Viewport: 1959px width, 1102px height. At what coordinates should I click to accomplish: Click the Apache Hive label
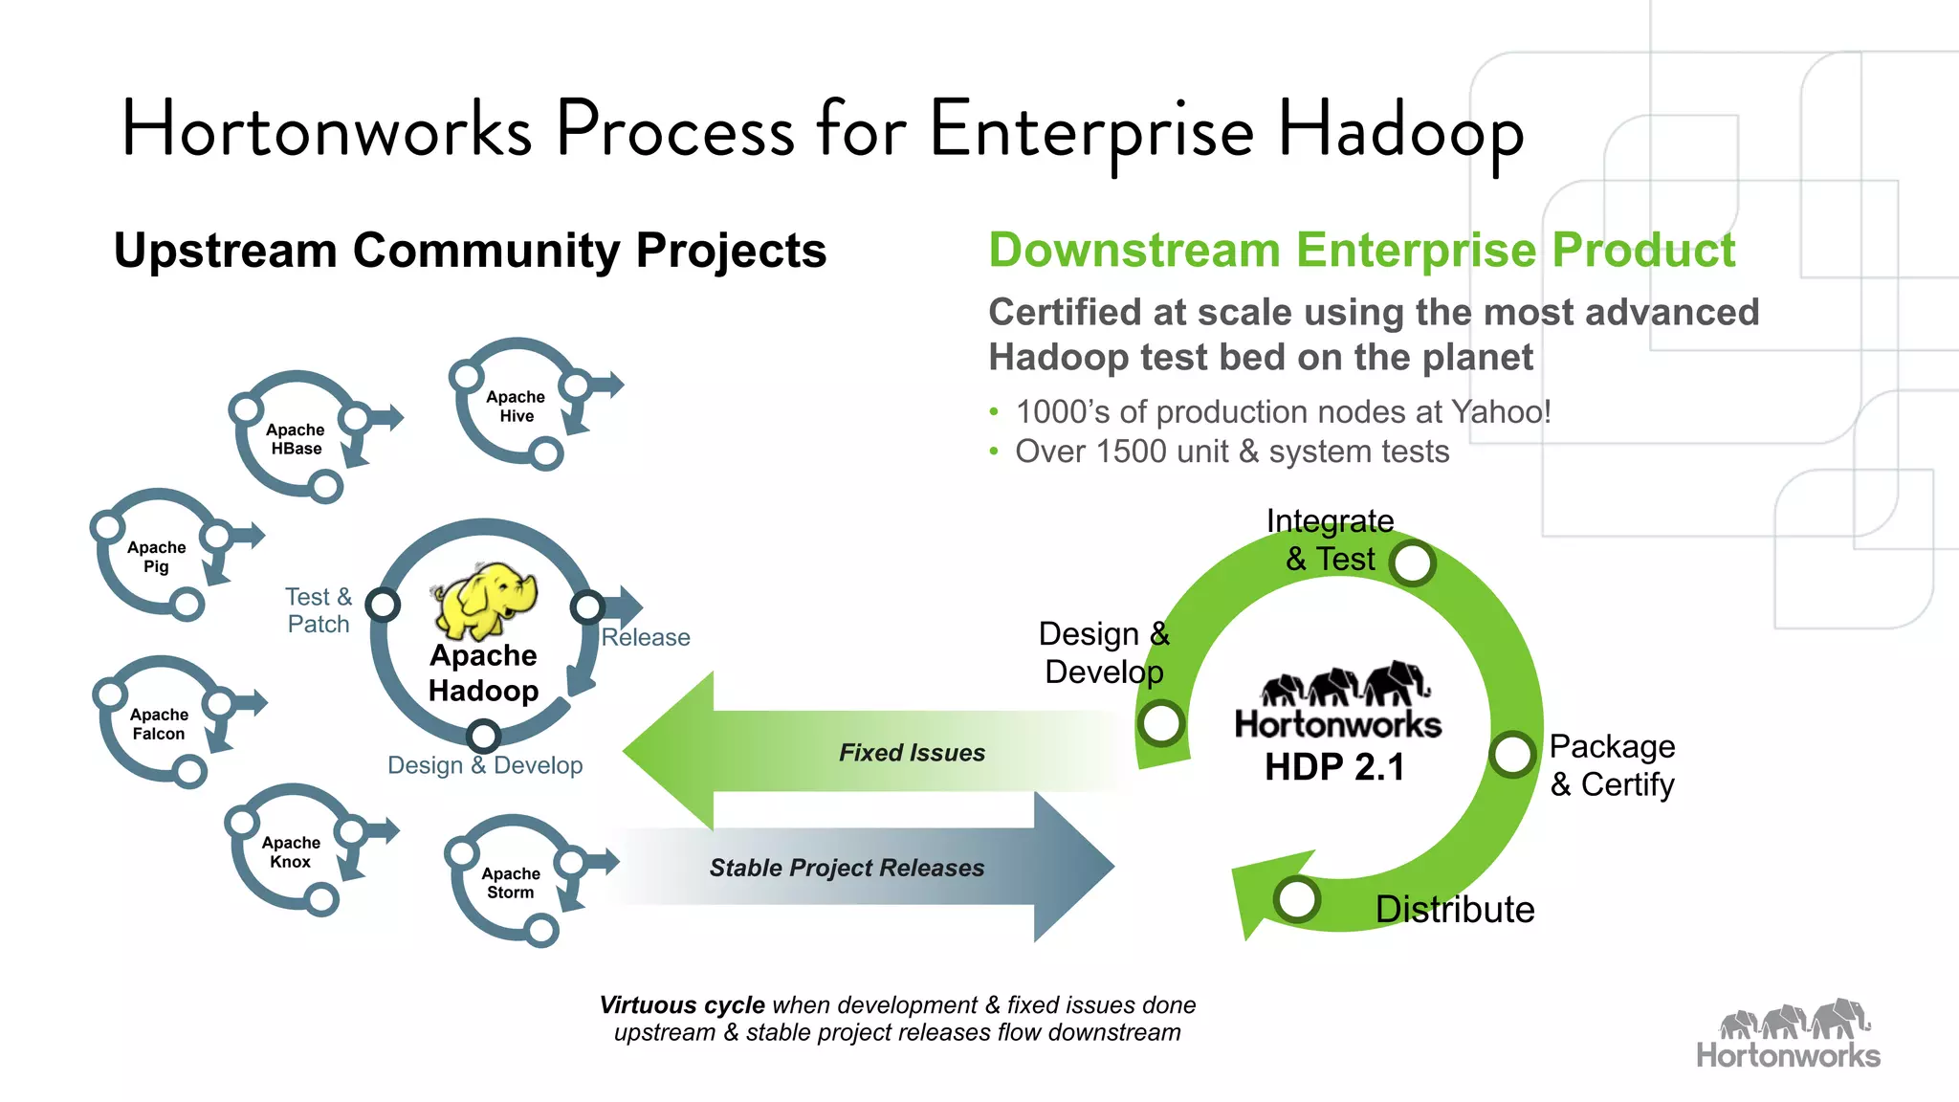tap(516, 407)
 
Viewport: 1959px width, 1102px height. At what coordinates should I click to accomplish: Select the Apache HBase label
tap(296, 439)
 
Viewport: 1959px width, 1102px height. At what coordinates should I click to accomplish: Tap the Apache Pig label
tap(156, 557)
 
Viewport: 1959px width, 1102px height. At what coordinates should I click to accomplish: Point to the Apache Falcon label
tap(159, 724)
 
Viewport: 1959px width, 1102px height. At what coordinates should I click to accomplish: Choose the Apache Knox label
tap(291, 852)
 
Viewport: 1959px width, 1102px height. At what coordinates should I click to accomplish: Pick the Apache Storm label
tap(511, 883)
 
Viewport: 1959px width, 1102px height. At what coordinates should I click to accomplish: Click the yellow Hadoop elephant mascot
tap(485, 600)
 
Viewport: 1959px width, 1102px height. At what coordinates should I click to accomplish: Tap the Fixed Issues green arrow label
tap(912, 753)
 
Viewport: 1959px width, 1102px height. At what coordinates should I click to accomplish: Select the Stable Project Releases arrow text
tap(847, 868)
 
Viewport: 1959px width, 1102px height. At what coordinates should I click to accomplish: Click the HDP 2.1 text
tap(1334, 767)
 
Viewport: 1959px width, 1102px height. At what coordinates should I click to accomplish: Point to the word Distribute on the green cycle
tap(1454, 909)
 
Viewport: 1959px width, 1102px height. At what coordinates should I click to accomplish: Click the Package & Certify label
tap(1612, 765)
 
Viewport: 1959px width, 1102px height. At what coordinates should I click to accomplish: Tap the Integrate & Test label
tap(1330, 540)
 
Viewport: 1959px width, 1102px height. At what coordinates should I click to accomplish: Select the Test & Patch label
tap(319, 610)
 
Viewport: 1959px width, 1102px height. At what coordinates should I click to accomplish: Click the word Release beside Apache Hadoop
tap(646, 637)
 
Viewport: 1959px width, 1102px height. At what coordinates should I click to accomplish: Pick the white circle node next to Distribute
tap(1297, 898)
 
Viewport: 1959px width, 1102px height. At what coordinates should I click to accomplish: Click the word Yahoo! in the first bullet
tap(1501, 411)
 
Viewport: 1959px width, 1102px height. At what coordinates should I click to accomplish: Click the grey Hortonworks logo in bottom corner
tap(1788, 1035)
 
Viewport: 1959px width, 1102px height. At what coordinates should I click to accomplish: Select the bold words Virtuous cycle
tap(682, 1005)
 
